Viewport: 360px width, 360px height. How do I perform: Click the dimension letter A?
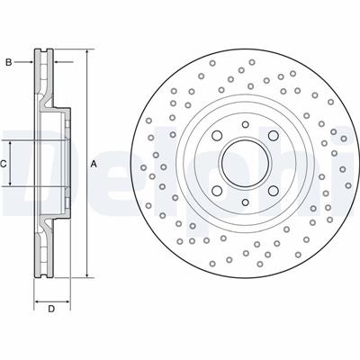pos(94,164)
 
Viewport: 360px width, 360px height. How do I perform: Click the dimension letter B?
pos(9,62)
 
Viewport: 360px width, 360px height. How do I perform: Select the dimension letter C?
pos(3,164)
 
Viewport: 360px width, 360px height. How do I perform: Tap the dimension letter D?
pos(51,309)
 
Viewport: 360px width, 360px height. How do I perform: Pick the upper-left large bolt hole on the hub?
pos(217,136)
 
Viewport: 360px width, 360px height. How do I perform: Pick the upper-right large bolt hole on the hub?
pos(274,136)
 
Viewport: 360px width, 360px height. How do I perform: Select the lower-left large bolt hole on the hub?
pos(217,191)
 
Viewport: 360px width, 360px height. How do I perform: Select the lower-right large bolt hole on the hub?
pos(274,191)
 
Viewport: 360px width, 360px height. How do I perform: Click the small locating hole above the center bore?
pos(246,124)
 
